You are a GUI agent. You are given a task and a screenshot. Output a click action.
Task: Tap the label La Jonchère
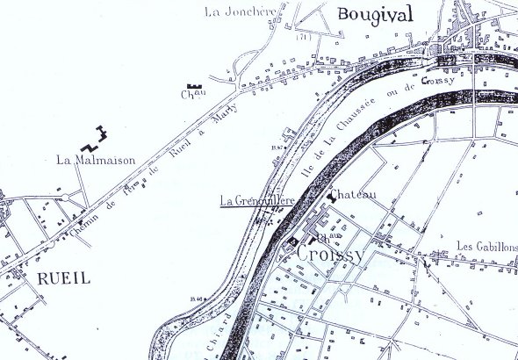234,11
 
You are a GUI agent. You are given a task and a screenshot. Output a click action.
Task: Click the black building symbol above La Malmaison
95,137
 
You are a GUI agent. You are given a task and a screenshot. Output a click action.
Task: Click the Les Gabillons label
486,247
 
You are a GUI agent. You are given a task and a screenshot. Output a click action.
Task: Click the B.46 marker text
196,299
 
